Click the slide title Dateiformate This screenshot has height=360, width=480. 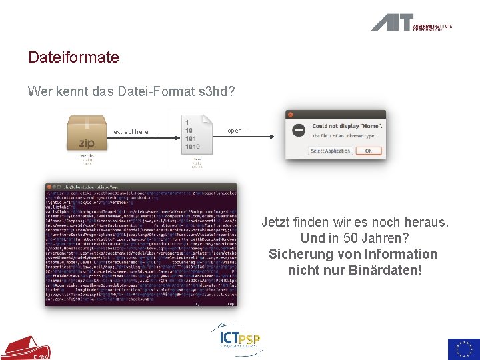coord(73,57)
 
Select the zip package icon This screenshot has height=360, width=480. coord(87,133)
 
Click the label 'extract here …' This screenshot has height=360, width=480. coord(134,132)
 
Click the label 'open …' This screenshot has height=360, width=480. coord(238,131)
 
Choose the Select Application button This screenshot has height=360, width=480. coord(331,151)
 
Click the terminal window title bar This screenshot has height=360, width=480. coord(141,187)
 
